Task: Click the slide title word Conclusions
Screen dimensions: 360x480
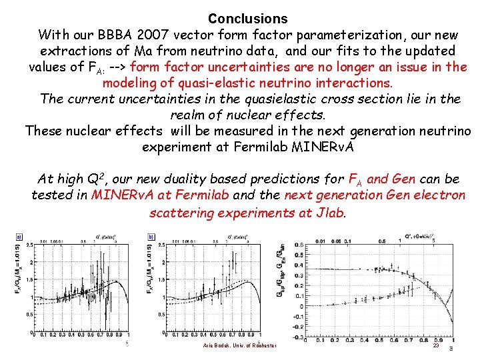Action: point(247,19)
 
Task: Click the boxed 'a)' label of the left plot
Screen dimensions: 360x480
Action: point(19,236)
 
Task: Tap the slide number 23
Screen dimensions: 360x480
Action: point(435,345)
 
